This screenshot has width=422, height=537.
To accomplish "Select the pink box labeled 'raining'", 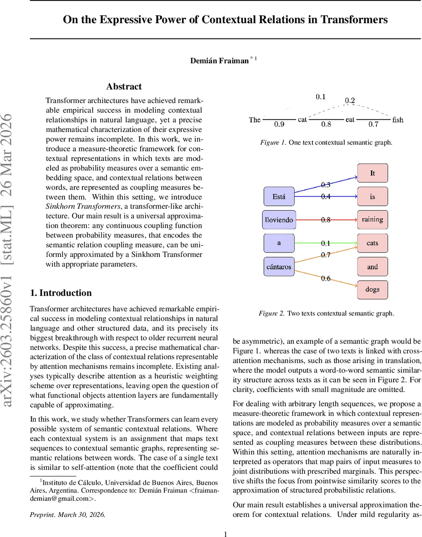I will (x=372, y=219).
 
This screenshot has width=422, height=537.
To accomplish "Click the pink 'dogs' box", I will (x=372, y=290).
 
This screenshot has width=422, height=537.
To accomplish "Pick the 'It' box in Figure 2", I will (x=372, y=173).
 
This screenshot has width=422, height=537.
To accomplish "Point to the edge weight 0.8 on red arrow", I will (x=326, y=220).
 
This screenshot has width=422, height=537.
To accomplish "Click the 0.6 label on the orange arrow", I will (x=326, y=278).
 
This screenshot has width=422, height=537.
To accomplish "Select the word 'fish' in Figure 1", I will (x=397, y=119).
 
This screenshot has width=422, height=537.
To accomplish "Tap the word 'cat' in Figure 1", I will (x=302, y=119).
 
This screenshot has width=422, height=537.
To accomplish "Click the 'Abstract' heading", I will (x=124, y=86).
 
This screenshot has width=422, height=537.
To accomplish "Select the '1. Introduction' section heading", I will (x=60, y=293).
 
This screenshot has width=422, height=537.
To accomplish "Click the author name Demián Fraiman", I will (x=219, y=60).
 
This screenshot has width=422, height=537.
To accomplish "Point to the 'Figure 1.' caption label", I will (x=272, y=143).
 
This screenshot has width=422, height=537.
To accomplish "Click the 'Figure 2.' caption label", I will (x=271, y=313).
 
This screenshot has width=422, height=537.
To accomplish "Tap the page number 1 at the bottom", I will (x=226, y=533).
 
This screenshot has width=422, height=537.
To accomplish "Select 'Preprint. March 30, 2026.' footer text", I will (x=68, y=515).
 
